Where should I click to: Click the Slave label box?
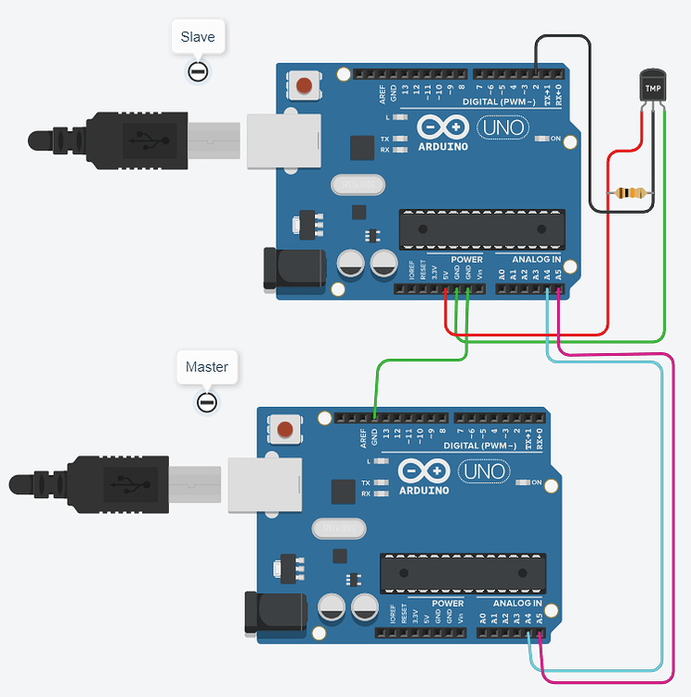pyautogui.click(x=198, y=37)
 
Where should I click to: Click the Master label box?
pyautogui.click(x=206, y=367)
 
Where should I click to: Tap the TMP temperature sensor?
pyautogui.click(x=653, y=86)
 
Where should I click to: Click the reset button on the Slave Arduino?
pyautogui.click(x=303, y=86)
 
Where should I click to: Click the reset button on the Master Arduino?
pyautogui.click(x=284, y=430)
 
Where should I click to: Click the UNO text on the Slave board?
pyautogui.click(x=502, y=127)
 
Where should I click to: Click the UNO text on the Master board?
pyautogui.click(x=484, y=471)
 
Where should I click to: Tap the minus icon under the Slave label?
pyautogui.click(x=197, y=72)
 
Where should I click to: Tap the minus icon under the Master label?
pyautogui.click(x=206, y=401)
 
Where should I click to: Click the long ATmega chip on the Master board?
pyautogui.click(x=463, y=572)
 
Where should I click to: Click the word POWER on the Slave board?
pyautogui.click(x=466, y=259)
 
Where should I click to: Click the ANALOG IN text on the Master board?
pyautogui.click(x=518, y=603)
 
